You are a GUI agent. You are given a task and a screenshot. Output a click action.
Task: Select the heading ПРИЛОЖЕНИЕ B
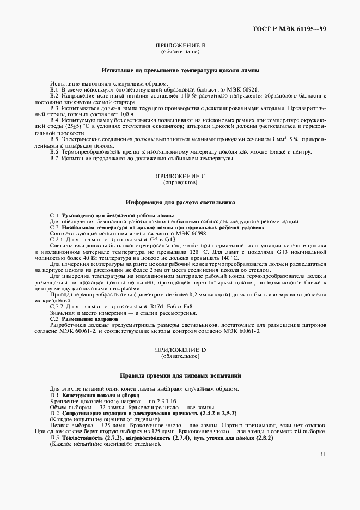point(180,45)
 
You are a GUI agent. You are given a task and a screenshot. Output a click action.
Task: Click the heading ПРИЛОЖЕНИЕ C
point(180,177)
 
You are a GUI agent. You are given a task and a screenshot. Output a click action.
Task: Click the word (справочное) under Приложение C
point(180,183)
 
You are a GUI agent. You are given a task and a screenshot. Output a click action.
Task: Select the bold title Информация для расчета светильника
point(180,202)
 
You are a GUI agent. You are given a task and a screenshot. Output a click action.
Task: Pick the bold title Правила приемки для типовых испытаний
point(180,375)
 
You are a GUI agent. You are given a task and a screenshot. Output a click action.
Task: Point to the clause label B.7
point(54,159)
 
